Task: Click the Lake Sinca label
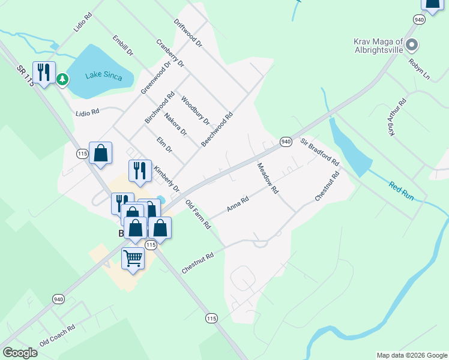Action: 103,76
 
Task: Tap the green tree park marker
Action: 62,79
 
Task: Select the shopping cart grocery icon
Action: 133,259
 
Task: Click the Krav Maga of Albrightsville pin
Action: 412,44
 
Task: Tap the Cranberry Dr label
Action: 170,53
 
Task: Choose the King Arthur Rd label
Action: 397,118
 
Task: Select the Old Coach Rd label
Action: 58,336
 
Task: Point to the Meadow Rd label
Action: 268,178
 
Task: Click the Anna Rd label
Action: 238,205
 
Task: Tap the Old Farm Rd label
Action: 198,214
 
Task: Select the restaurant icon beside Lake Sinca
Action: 44,73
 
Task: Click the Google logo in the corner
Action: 20,353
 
